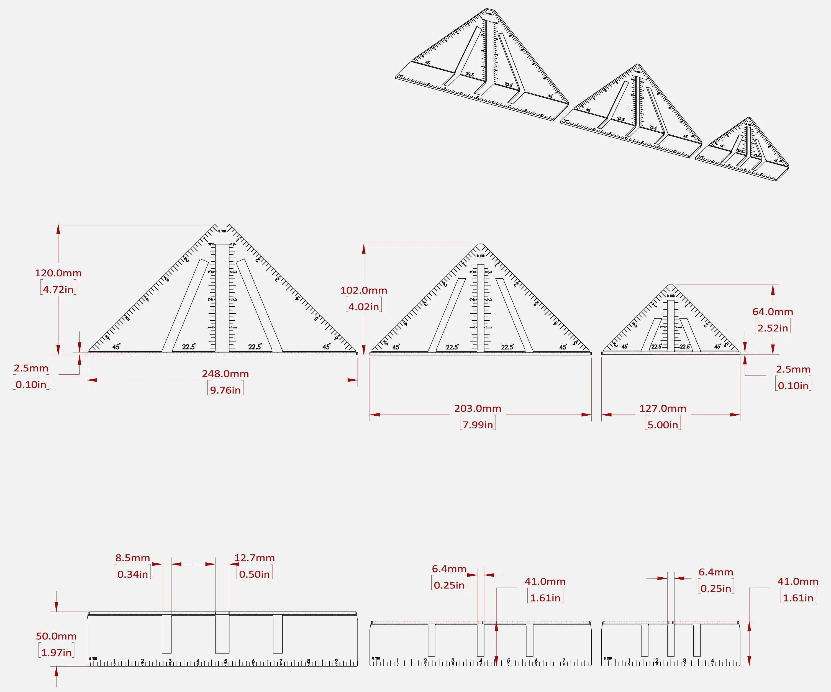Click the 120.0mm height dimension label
tap(58, 273)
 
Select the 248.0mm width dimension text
tap(225, 374)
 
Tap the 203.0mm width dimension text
tap(478, 408)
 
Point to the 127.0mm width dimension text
tap(663, 408)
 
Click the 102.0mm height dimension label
tap(364, 290)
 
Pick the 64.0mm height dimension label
tap(773, 312)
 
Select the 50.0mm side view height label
tap(56, 636)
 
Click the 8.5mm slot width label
tap(133, 558)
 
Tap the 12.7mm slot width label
tap(255, 558)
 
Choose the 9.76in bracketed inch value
tap(225, 390)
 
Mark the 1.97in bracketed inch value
tap(56, 652)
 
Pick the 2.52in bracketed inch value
tap(773, 328)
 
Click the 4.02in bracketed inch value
tap(364, 307)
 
